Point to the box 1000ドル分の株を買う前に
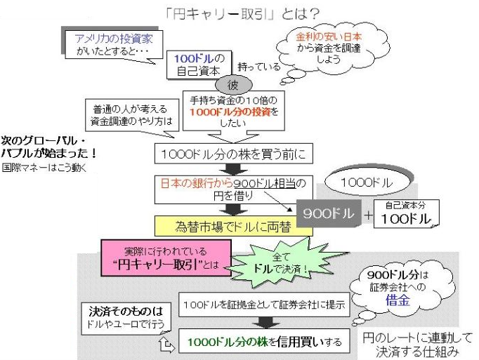231,152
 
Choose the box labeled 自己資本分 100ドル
405,213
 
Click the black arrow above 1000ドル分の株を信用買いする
264,323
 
